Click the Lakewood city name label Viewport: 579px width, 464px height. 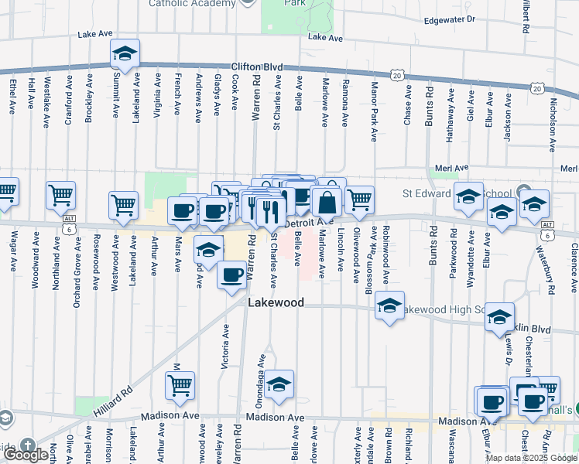[276, 303]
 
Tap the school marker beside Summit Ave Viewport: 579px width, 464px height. [124, 54]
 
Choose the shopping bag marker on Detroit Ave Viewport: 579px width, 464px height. [327, 202]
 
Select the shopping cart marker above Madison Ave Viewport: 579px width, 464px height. [180, 384]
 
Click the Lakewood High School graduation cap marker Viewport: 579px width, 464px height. [390, 305]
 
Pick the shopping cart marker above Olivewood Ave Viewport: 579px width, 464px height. [359, 199]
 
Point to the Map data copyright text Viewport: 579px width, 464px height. [531, 458]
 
